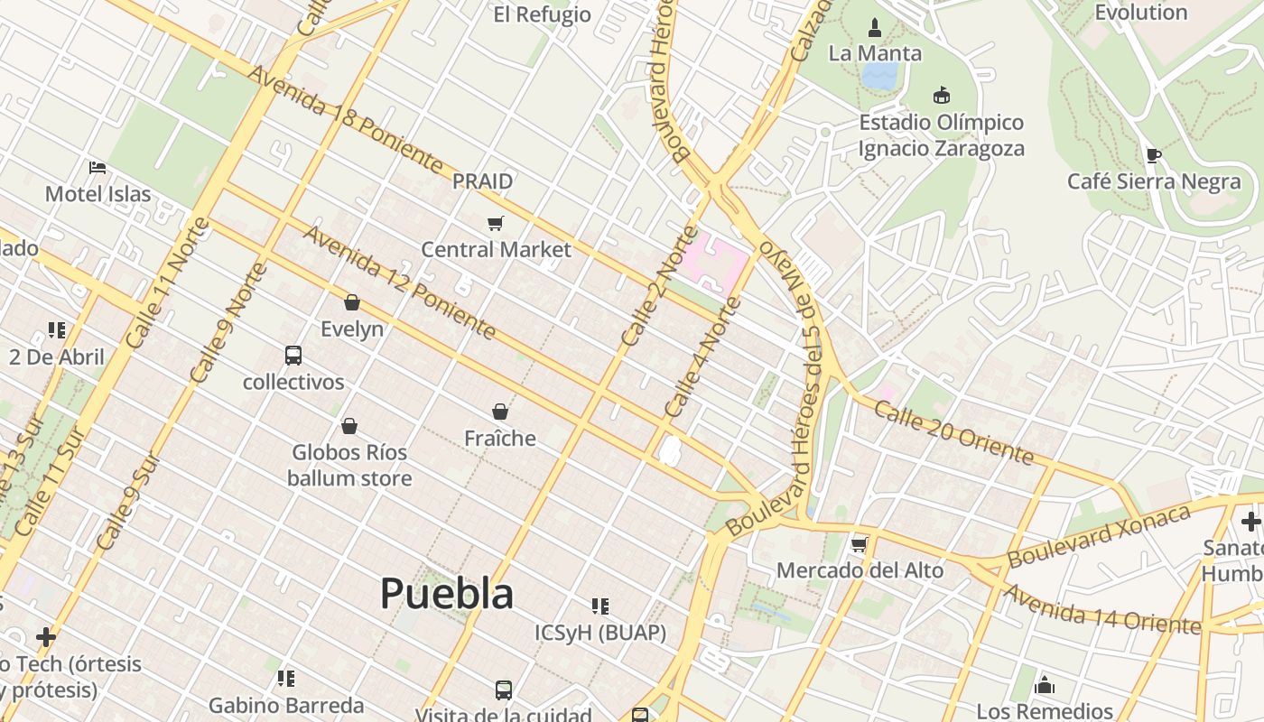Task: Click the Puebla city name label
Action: click(447, 594)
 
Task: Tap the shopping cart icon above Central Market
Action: click(495, 223)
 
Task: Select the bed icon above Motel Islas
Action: click(98, 167)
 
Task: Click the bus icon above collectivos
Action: click(293, 355)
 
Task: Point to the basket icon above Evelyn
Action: click(352, 302)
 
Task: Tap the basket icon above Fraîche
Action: click(500, 412)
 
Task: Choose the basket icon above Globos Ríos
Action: click(349, 426)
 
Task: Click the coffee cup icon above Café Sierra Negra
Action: click(1153, 155)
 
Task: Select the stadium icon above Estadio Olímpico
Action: click(942, 95)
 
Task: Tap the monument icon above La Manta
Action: click(874, 28)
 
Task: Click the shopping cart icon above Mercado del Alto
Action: click(860, 544)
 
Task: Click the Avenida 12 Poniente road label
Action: click(399, 282)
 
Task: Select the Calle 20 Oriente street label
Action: click(953, 434)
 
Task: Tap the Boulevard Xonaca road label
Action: click(1099, 536)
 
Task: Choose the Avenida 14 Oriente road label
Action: click(1101, 610)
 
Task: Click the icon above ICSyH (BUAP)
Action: click(600, 606)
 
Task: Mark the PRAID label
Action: click(482, 181)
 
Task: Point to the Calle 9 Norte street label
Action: click(229, 321)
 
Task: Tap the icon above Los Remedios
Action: click(1045, 685)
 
